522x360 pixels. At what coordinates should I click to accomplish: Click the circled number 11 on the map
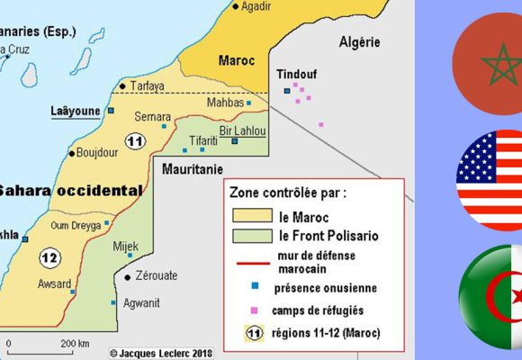136,141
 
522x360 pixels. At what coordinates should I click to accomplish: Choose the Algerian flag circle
491,301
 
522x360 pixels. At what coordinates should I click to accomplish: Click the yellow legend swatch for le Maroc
251,216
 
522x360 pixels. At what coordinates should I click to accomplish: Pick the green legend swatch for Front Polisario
251,236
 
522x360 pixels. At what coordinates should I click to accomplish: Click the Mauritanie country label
192,168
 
